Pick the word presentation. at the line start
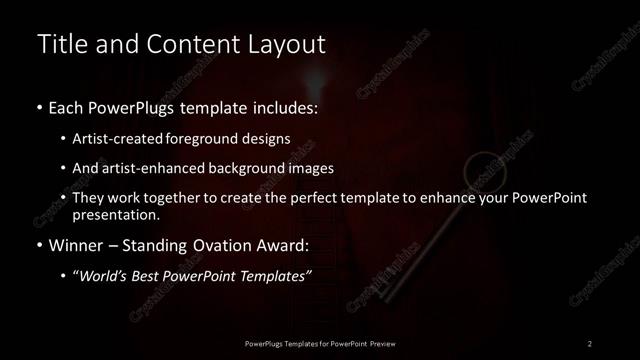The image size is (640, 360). (x=116, y=214)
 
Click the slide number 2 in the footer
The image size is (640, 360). (x=590, y=344)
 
